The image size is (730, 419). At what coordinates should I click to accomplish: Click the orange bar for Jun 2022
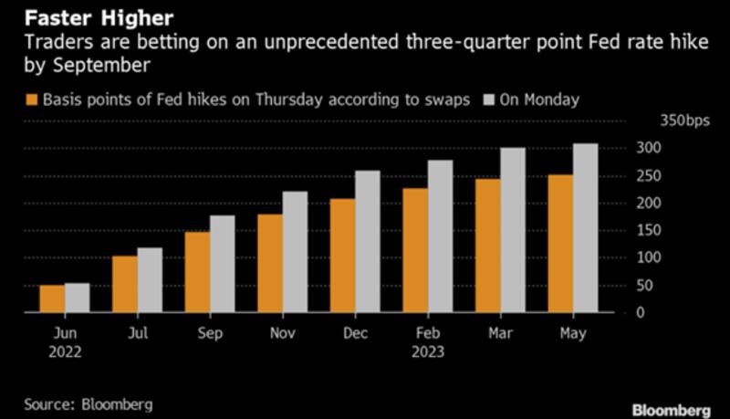[x=52, y=299]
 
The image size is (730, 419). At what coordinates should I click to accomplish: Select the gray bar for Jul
[x=149, y=280]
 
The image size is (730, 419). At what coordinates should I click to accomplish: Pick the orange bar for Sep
[x=198, y=272]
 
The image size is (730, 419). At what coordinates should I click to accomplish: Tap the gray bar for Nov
[x=296, y=252]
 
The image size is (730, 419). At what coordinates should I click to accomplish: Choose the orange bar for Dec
[x=343, y=256]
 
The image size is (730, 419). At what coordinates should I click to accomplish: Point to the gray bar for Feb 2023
[x=441, y=236]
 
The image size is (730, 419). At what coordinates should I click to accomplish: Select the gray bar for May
[x=585, y=228]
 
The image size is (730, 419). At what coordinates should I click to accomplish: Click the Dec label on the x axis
[x=356, y=335]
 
